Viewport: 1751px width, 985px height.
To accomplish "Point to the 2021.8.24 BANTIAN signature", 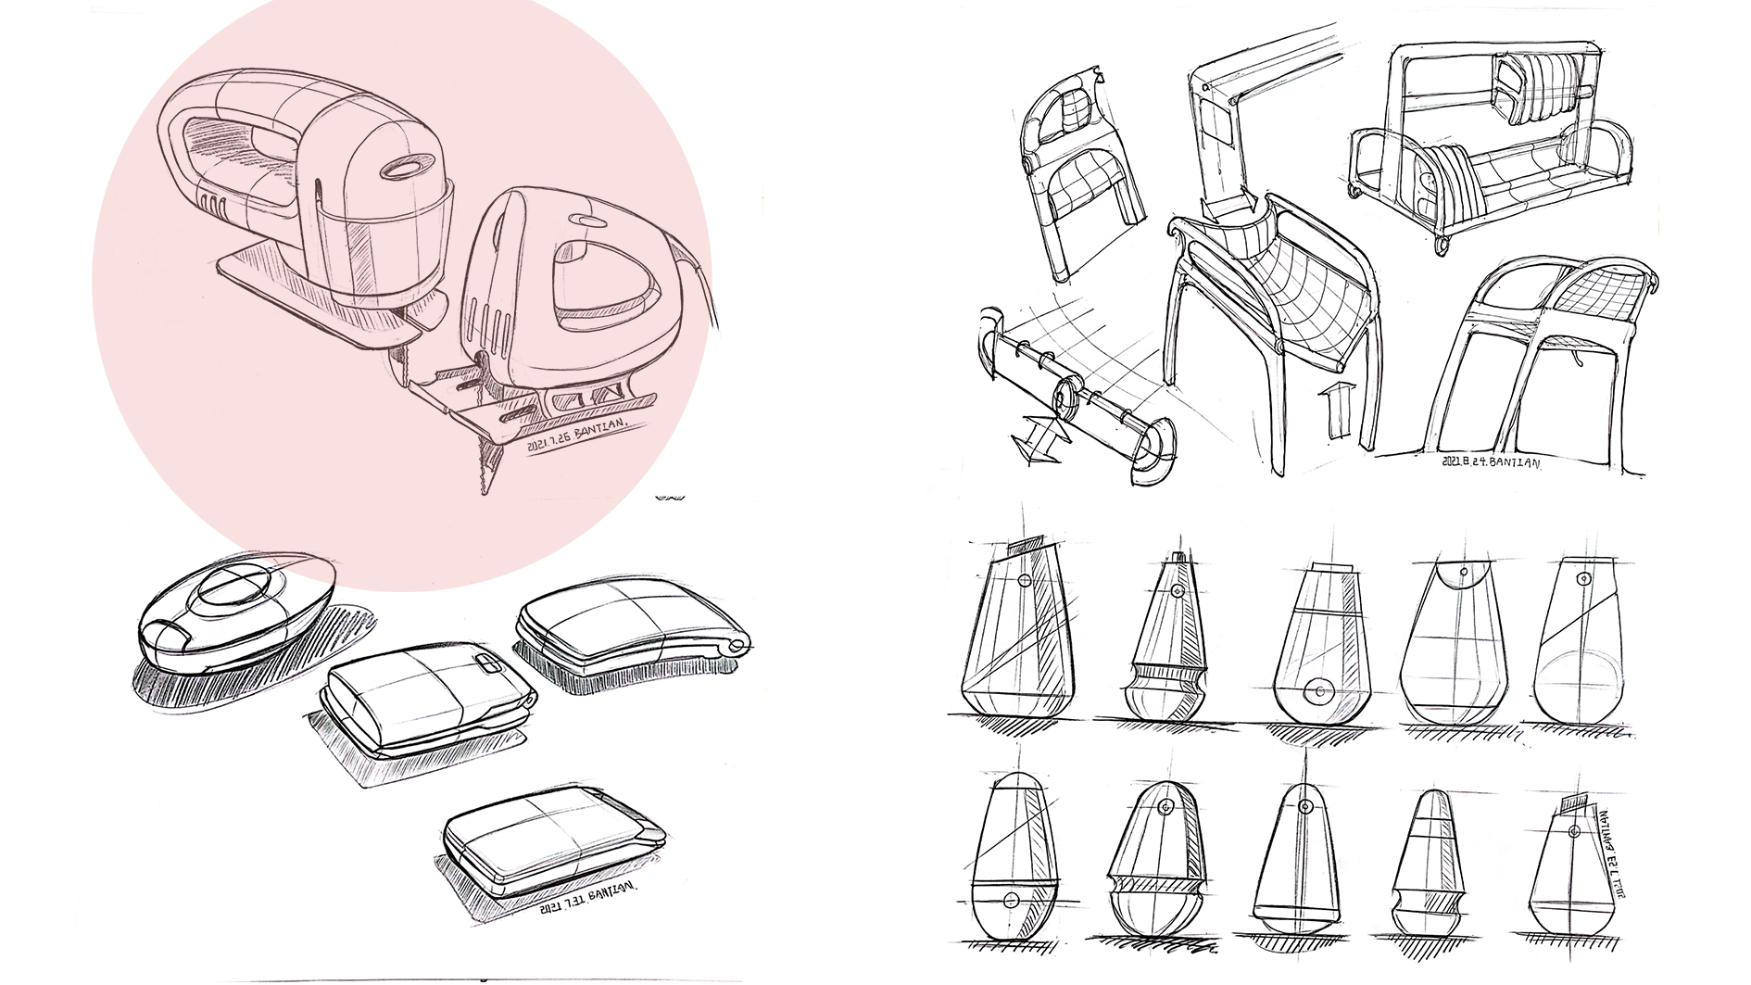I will click(1491, 460).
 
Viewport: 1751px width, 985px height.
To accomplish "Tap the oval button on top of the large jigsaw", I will click(406, 169).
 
